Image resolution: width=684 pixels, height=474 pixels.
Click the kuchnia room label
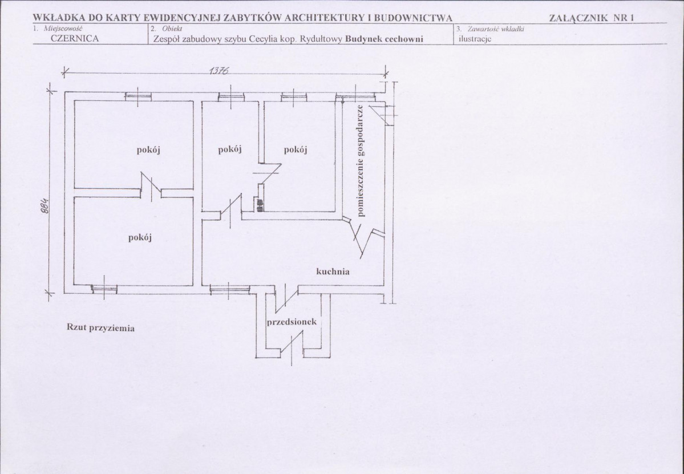pos(333,272)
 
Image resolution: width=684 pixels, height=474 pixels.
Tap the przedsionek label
pos(292,322)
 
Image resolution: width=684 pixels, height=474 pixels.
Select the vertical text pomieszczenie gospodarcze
pos(361,160)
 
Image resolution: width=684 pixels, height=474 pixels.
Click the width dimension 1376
pos(218,71)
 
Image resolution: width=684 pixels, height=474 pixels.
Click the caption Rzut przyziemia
pos(100,327)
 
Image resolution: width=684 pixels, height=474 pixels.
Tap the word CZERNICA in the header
pos(75,38)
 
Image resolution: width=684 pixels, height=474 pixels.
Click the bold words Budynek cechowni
pos(384,38)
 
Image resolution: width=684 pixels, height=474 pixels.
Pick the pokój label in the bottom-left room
pos(140,238)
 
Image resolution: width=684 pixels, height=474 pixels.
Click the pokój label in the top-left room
pos(148,150)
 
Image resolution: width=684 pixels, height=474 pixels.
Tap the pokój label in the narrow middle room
pos(230,149)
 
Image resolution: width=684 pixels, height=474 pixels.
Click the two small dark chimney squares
pos(260,205)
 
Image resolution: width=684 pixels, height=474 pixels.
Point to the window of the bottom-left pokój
pos(104,287)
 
